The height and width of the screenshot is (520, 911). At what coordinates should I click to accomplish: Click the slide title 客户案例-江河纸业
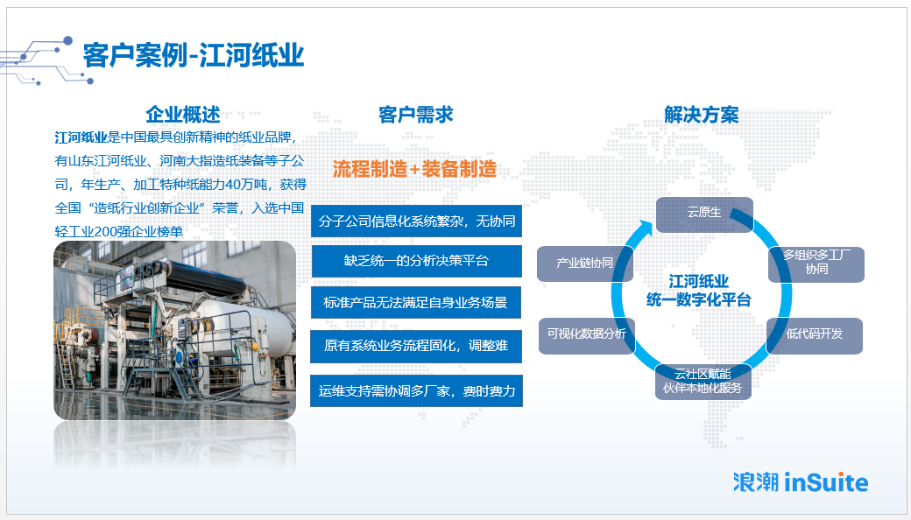pyautogui.click(x=194, y=56)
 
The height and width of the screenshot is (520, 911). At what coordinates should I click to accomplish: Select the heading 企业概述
pyautogui.click(x=183, y=115)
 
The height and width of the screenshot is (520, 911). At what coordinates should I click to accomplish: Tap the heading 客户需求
pyautogui.click(x=415, y=115)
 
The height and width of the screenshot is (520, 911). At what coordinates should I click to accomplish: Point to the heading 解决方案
pyautogui.click(x=702, y=115)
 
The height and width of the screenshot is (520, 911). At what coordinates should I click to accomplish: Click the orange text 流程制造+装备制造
pyautogui.click(x=415, y=169)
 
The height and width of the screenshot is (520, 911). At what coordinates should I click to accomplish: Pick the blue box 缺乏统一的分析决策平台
pyautogui.click(x=417, y=261)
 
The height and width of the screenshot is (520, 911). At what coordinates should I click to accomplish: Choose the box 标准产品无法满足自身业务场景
pyautogui.click(x=416, y=302)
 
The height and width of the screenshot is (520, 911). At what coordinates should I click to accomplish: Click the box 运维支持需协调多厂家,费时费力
pyautogui.click(x=417, y=391)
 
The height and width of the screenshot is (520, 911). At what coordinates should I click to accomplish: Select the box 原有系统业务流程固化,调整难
pyautogui.click(x=416, y=346)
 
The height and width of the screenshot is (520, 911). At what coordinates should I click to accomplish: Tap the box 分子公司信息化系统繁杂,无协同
pyautogui.click(x=417, y=221)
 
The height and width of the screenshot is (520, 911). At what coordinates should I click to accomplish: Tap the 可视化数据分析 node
pyautogui.click(x=587, y=336)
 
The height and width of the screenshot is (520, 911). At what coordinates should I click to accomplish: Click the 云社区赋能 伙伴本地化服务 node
pyautogui.click(x=703, y=382)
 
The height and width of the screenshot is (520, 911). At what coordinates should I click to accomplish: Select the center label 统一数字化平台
pyautogui.click(x=699, y=299)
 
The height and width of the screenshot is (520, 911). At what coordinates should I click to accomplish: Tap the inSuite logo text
pyautogui.click(x=826, y=482)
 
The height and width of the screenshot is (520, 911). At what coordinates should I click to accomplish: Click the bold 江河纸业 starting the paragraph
pyautogui.click(x=81, y=137)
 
